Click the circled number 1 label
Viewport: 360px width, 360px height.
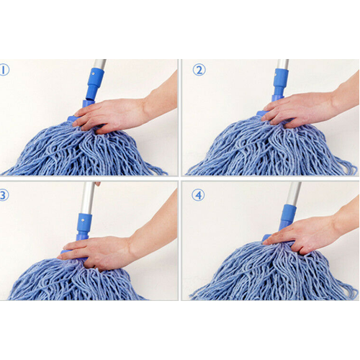pyautogui.click(x=4, y=70)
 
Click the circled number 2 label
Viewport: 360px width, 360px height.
pyautogui.click(x=199, y=70)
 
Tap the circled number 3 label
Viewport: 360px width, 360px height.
pyautogui.click(x=4, y=195)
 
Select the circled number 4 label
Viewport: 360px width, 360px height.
pyautogui.click(x=198, y=195)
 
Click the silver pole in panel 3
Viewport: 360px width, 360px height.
pyautogui.click(x=87, y=197)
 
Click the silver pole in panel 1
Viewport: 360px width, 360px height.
pyautogui.click(x=99, y=64)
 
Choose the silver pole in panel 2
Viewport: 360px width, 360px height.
pyautogui.click(x=283, y=64)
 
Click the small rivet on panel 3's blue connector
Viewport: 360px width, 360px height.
pyautogui.click(x=83, y=220)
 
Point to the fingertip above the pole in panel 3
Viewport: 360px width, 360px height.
pyautogui.click(x=97, y=184)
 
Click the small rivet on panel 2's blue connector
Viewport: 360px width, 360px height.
pyautogui.click(x=276, y=75)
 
